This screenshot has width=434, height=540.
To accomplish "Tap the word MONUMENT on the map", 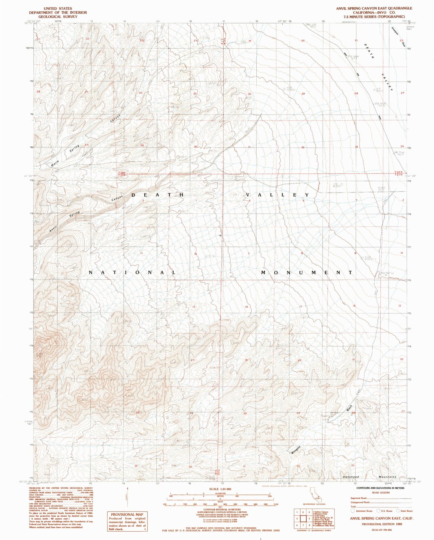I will click(x=307, y=273).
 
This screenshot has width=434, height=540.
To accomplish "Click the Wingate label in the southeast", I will click(x=296, y=450).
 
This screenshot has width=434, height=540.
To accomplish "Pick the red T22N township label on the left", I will click(x=122, y=172).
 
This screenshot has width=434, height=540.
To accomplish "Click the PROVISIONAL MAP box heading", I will click(x=127, y=514).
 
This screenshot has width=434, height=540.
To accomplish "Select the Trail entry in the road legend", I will click(x=354, y=506).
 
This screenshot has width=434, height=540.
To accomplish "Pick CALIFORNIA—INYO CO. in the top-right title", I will click(x=374, y=12).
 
